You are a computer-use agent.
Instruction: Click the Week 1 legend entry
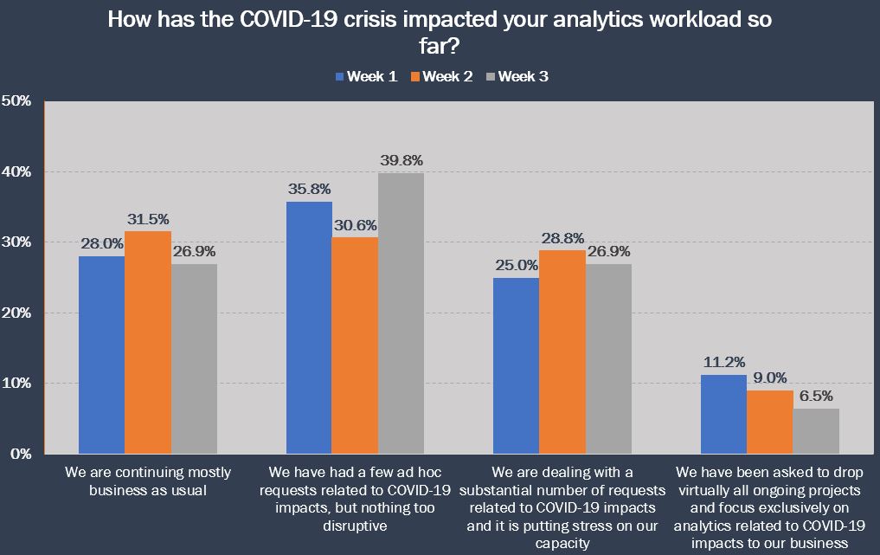pos(366,77)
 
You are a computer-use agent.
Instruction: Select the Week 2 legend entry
pos(441,77)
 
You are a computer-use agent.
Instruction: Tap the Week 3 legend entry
pos(517,77)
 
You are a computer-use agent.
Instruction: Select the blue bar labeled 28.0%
pos(101,355)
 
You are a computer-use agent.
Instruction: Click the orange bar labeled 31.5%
pos(148,342)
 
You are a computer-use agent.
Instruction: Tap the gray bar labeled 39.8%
pos(401,313)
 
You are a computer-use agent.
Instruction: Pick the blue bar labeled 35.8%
pos(309,327)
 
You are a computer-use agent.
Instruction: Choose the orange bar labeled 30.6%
pos(355,345)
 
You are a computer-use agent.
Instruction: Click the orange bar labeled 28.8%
pos(562,352)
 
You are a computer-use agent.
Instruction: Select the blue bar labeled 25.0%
pos(516,365)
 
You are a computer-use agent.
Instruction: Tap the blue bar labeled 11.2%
pos(723,414)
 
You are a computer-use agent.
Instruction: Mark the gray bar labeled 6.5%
pos(816,430)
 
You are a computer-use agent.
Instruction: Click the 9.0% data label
pos(770,377)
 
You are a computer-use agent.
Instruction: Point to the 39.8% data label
pos(401,159)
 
